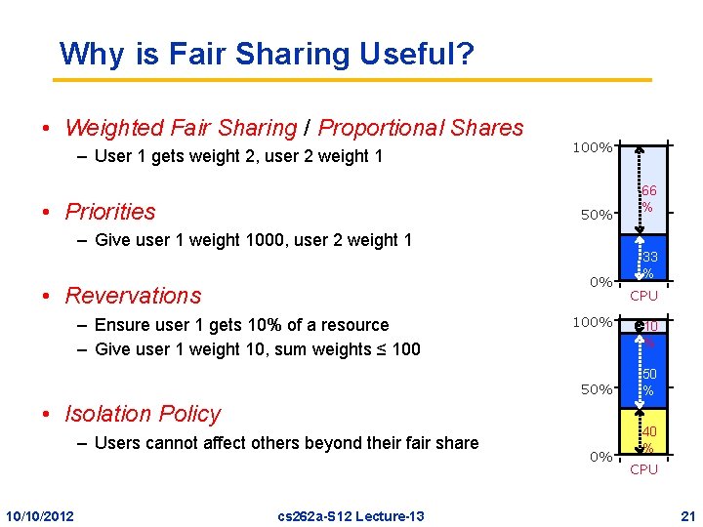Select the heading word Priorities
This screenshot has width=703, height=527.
pos(110,212)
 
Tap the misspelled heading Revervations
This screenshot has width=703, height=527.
pos(133,296)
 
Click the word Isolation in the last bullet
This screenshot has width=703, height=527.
pos(110,414)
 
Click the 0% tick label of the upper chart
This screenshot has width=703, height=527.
pos(600,282)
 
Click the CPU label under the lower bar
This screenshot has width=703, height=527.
pos(643,470)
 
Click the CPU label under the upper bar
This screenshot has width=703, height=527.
pos(643,296)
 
